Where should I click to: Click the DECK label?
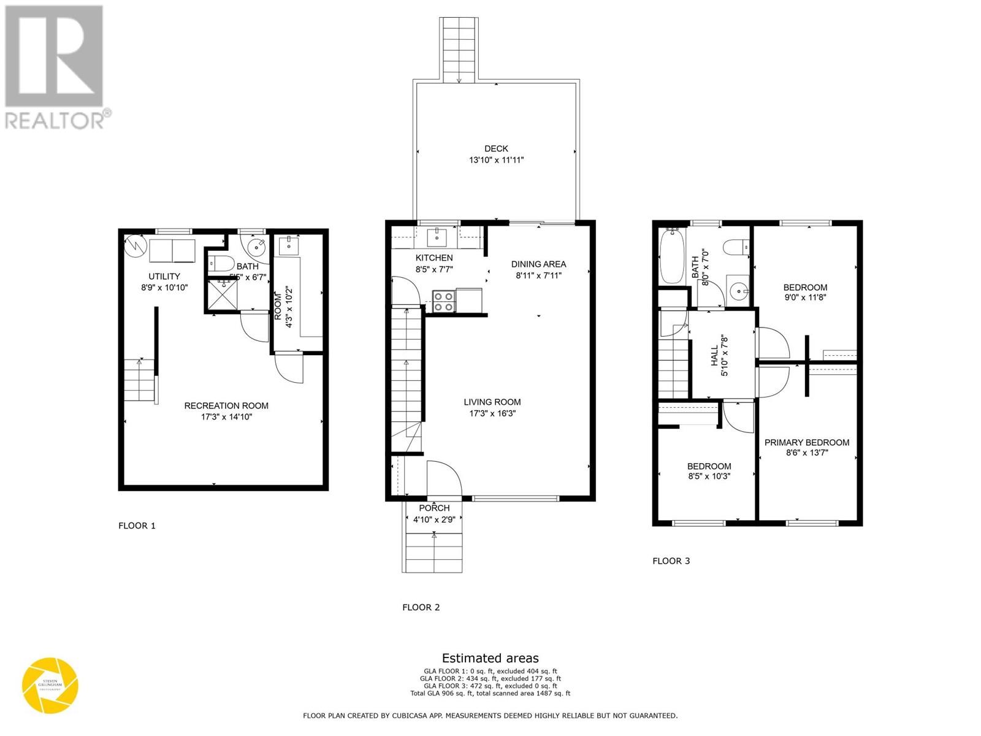(496, 148)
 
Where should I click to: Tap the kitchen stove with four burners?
(443, 302)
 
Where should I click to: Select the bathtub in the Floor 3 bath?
(672, 256)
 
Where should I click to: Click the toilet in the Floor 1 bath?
(219, 265)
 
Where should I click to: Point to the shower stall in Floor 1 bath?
(222, 296)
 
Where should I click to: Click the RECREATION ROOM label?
(226, 405)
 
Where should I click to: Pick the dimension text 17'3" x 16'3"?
(492, 413)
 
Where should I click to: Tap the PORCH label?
(434, 508)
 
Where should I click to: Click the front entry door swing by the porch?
(443, 477)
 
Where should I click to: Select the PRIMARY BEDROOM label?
(806, 442)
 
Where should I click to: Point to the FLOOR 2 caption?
(421, 607)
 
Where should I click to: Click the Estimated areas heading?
(490, 659)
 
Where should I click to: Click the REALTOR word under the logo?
(54, 120)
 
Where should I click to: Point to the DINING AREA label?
(538, 264)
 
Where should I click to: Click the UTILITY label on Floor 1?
(164, 276)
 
